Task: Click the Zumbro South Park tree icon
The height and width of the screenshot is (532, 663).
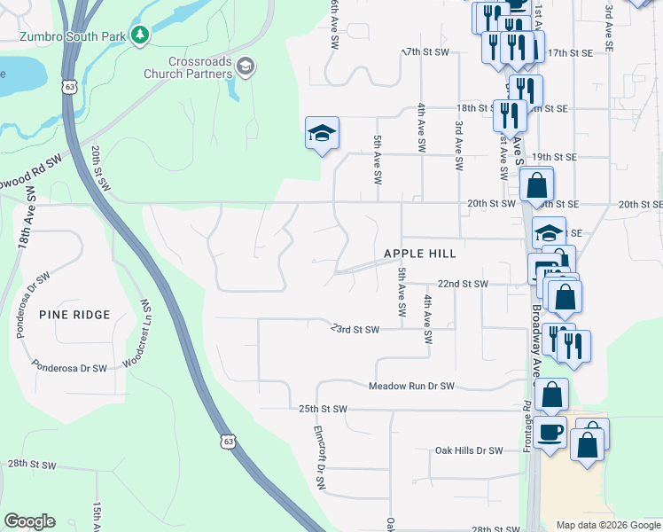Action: (x=139, y=35)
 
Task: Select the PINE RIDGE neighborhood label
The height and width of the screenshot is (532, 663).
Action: (x=74, y=315)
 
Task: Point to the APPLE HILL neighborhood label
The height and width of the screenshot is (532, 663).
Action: (x=419, y=254)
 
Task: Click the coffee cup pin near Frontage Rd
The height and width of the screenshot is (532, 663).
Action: (x=550, y=433)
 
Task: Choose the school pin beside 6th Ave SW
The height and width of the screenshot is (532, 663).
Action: (x=323, y=134)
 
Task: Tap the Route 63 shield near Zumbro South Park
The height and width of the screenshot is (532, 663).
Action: (x=70, y=86)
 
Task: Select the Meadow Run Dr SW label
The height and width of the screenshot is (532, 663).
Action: (x=411, y=387)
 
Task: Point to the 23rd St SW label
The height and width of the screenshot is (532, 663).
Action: (x=355, y=330)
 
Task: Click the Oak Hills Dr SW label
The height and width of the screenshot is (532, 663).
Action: (x=469, y=450)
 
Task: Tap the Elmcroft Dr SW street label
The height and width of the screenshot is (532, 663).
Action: (x=320, y=456)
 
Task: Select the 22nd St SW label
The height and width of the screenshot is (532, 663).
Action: (x=464, y=284)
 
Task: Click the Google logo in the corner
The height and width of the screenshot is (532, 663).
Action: (x=29, y=521)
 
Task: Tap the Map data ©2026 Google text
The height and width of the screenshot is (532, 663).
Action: (x=607, y=525)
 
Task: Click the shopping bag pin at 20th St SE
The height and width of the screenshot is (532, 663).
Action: (x=536, y=186)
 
